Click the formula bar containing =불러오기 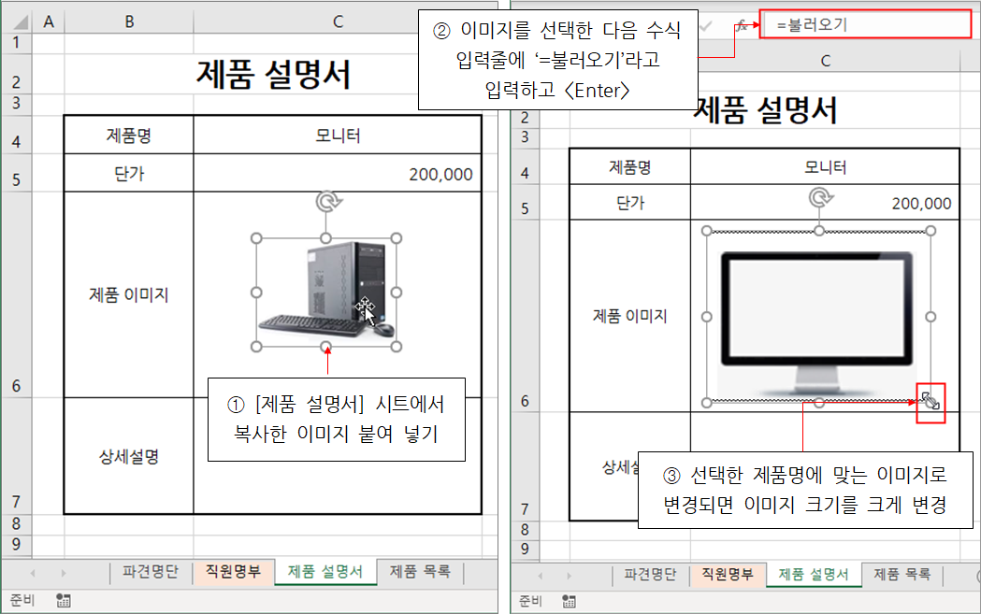[x=865, y=25]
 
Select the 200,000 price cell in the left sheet [x=338, y=173]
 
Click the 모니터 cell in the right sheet [x=825, y=167]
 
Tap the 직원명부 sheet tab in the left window [x=233, y=572]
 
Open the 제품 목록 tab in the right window [x=902, y=574]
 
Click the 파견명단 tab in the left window [x=151, y=572]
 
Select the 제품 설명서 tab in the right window [x=813, y=574]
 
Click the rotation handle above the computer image [x=326, y=202]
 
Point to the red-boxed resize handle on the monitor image [x=931, y=402]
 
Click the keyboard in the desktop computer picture [x=310, y=324]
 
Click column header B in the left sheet [x=129, y=21]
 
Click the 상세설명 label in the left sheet [x=129, y=456]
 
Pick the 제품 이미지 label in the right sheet [x=630, y=316]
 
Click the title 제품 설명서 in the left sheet [x=273, y=75]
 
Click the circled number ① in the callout [x=236, y=405]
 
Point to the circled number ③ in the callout [x=671, y=476]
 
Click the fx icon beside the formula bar [x=742, y=25]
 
